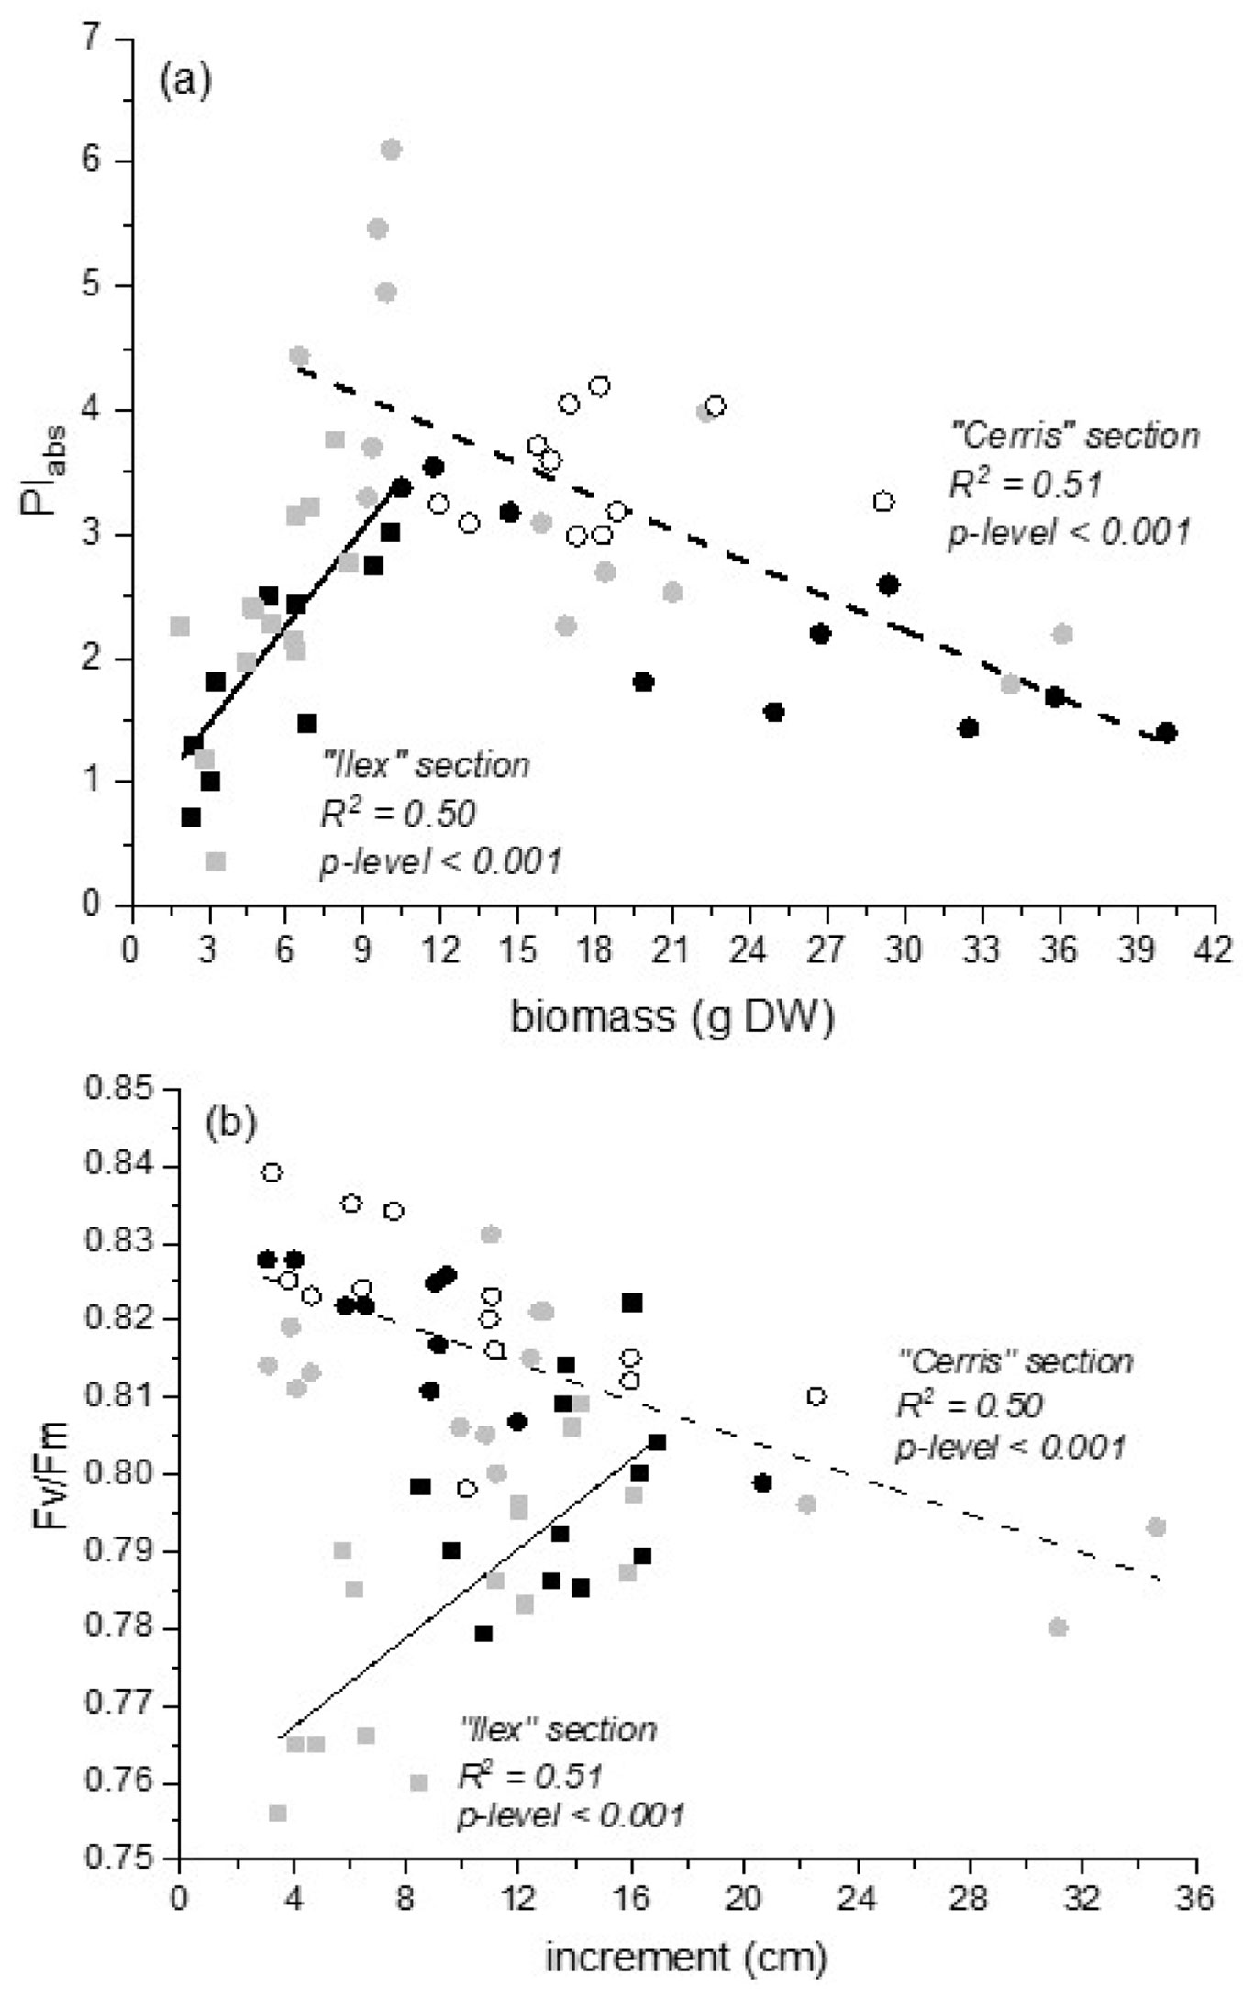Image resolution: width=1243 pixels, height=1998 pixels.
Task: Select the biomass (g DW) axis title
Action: tap(672, 1018)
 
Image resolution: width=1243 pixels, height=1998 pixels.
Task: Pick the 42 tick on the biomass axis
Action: tap(1215, 951)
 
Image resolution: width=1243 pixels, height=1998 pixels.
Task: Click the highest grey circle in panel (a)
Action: tap(391, 150)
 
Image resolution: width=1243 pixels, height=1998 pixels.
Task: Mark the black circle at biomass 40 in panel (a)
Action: tap(1166, 732)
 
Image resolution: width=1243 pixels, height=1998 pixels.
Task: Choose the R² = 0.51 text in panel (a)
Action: tap(1024, 483)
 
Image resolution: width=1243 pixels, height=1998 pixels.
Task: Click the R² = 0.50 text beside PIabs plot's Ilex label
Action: tap(397, 813)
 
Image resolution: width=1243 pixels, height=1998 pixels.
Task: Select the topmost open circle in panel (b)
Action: tap(272, 1172)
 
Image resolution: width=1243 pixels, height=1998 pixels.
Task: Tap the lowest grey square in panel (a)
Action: tap(216, 861)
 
